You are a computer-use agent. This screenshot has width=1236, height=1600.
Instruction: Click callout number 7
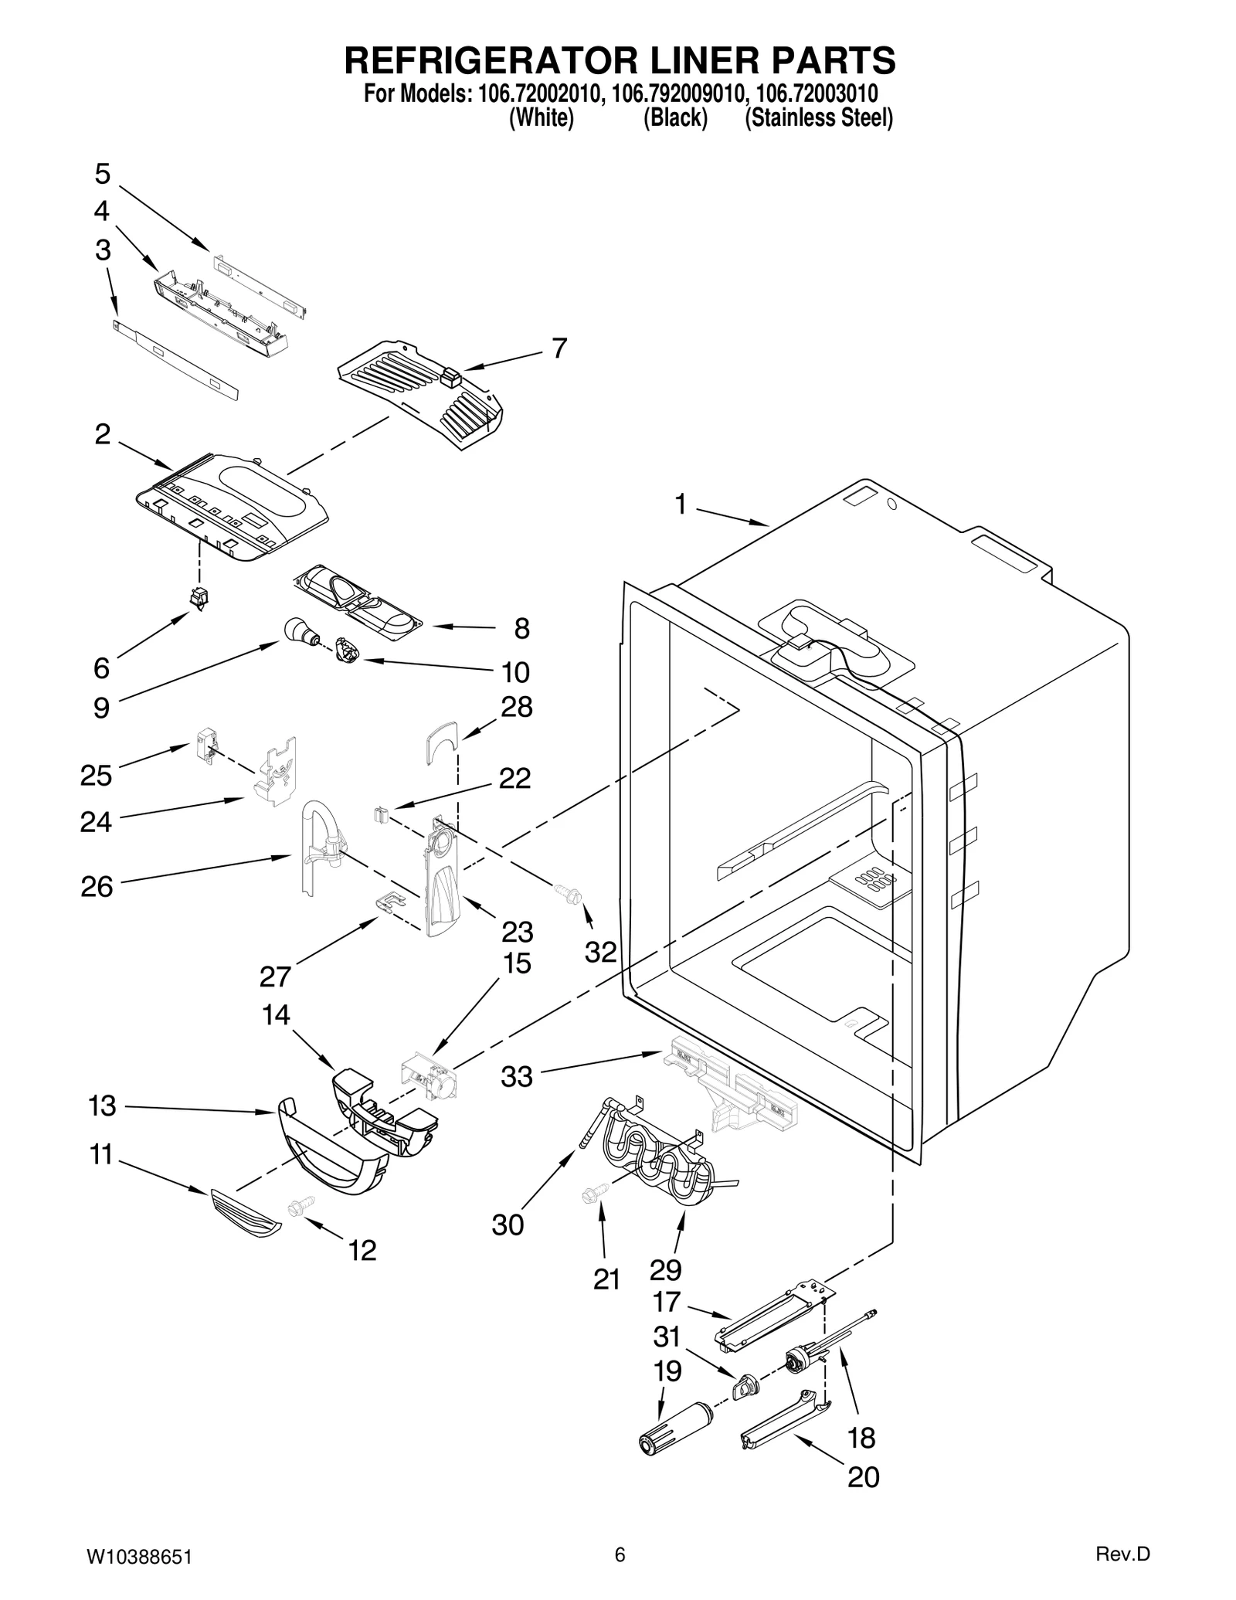[x=559, y=348]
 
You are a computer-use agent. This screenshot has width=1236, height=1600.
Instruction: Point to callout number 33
[x=517, y=1076]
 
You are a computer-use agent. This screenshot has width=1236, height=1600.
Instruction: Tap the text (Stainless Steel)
[x=818, y=118]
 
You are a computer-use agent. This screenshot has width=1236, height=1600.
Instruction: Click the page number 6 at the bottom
[x=620, y=1554]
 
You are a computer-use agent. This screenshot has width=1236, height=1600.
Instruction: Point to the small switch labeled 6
[x=200, y=597]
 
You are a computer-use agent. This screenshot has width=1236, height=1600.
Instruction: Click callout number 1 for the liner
[x=680, y=505]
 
